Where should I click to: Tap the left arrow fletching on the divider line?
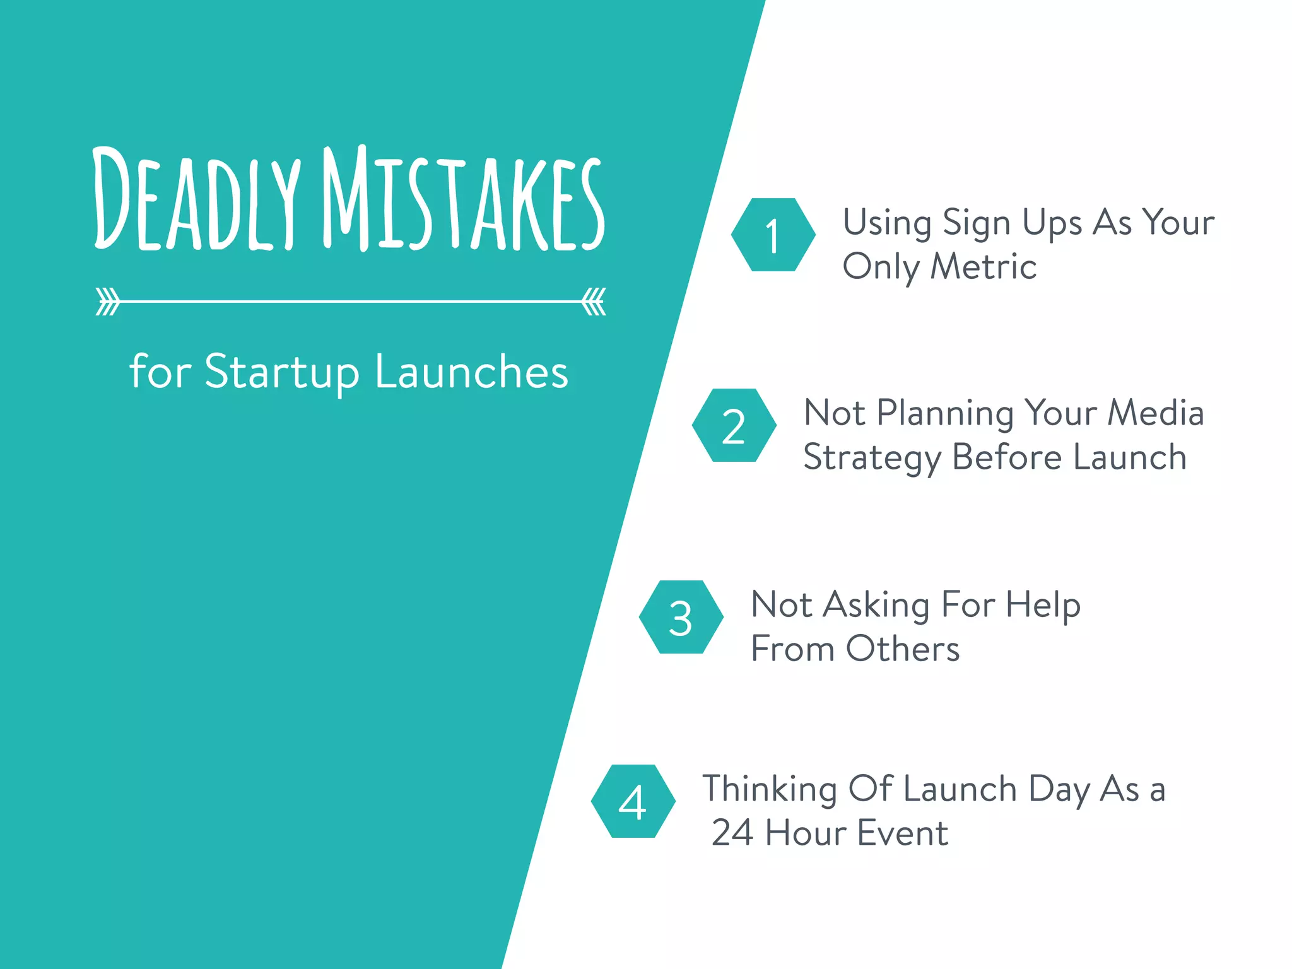pyautogui.click(x=107, y=302)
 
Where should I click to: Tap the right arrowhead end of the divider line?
pyautogui.click(x=594, y=302)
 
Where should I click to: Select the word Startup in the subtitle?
pyautogui.click(x=281, y=372)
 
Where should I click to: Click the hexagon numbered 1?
pyautogui.click(x=773, y=235)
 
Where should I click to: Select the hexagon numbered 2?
pyautogui.click(x=734, y=425)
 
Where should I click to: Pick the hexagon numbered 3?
pyautogui.click(x=681, y=617)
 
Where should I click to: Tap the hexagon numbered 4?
pyautogui.click(x=633, y=801)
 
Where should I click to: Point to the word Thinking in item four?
pyautogui.click(x=769, y=790)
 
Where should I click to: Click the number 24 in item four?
pyautogui.click(x=732, y=833)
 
